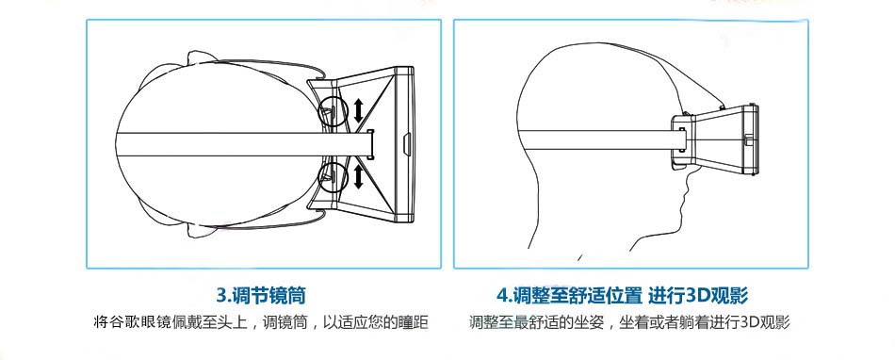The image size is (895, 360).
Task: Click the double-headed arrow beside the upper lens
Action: tap(358, 110)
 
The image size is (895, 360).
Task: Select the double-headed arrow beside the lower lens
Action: tap(358, 176)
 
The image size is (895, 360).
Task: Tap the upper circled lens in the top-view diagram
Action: tap(333, 110)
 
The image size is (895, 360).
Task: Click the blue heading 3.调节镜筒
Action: tap(261, 296)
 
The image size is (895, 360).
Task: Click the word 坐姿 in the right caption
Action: tap(587, 322)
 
